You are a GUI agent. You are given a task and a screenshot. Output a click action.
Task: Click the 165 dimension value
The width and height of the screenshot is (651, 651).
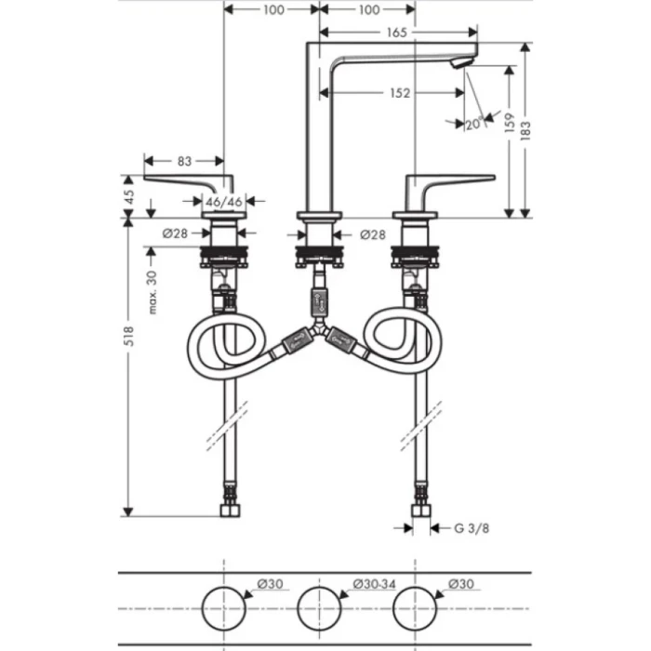[x=396, y=33]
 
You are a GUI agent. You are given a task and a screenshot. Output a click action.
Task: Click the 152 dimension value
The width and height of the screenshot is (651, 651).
[x=400, y=93]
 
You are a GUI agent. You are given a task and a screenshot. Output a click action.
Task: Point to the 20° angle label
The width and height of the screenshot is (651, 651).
[x=474, y=124]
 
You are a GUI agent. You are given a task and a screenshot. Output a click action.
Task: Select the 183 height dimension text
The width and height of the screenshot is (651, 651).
[x=525, y=130]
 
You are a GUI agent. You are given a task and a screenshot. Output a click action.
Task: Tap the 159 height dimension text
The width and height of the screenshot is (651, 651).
[x=510, y=123]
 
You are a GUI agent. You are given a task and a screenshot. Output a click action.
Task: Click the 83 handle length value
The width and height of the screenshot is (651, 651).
[x=184, y=161]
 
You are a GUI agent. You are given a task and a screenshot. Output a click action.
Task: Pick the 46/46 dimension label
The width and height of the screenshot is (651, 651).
[x=224, y=202]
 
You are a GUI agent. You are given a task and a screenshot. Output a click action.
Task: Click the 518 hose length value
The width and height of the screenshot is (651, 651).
[x=129, y=337]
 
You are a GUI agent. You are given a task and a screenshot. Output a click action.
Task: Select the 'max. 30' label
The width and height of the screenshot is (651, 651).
[x=153, y=292]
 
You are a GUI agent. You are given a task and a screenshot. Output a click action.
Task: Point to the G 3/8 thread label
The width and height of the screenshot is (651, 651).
[x=472, y=528]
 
